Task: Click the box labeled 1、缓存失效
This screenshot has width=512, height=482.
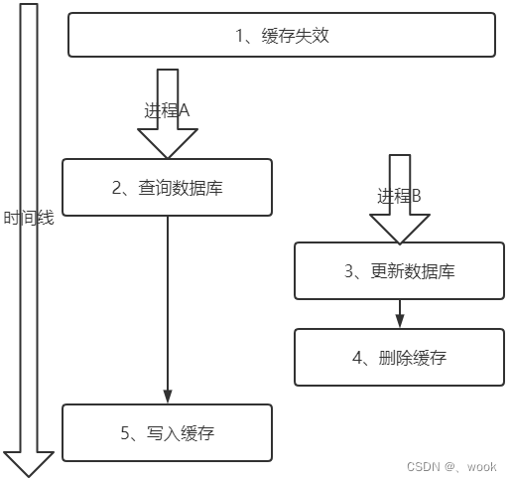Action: pos(282,35)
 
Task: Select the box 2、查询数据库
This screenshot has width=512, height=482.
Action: pos(167,187)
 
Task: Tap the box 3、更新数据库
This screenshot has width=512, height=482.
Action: pos(400,270)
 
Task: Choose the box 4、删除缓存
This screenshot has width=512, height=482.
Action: pos(400,357)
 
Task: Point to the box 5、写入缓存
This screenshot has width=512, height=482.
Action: pos(167,432)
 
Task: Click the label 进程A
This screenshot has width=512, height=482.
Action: pos(167,111)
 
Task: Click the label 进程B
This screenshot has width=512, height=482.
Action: pos(400,197)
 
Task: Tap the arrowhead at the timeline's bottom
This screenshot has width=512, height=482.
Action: pos(29,463)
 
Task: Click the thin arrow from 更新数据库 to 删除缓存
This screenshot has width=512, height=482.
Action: pos(400,312)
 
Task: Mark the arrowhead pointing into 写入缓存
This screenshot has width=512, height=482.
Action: pos(167,397)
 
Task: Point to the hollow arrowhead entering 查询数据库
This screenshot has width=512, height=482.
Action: pos(167,146)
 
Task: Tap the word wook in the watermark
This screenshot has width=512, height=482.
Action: pos(482,466)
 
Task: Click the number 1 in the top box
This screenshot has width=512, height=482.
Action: pos(239,36)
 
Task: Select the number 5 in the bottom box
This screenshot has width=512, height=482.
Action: pos(123,432)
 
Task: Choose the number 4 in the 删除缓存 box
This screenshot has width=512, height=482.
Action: pos(357,357)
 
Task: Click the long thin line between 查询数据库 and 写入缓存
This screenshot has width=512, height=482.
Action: pos(167,298)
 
